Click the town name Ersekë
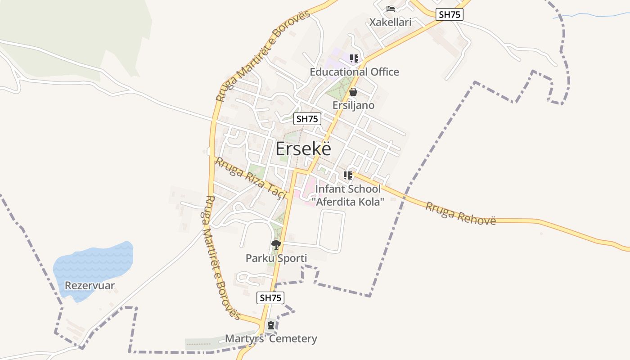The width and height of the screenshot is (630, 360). click(x=303, y=149)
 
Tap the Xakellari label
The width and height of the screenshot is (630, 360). click(x=390, y=22)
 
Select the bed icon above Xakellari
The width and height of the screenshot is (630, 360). click(x=390, y=9)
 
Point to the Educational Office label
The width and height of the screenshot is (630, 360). click(x=354, y=72)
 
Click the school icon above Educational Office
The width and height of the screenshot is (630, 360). click(x=354, y=58)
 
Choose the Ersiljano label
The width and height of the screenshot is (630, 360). click(x=353, y=105)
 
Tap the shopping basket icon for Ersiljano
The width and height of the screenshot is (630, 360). click(x=353, y=92)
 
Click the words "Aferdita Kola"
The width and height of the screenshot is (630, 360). click(x=351, y=202)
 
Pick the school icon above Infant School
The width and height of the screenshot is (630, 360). click(x=347, y=175)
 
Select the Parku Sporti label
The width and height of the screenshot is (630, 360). click(x=276, y=258)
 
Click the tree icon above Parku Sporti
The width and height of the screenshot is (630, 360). click(x=276, y=245)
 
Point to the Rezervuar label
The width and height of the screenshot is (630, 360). click(x=90, y=286)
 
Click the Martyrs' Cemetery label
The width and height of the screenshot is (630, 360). click(x=271, y=339)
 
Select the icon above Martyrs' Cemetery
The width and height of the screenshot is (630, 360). click(x=271, y=325)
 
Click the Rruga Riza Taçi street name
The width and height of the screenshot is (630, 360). click(x=251, y=177)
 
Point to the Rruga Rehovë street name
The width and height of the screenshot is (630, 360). click(x=460, y=214)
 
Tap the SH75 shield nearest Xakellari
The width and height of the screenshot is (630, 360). click(x=449, y=14)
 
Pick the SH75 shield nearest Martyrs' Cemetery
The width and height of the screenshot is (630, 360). click(x=270, y=297)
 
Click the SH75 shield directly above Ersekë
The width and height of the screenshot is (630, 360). click(x=307, y=119)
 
